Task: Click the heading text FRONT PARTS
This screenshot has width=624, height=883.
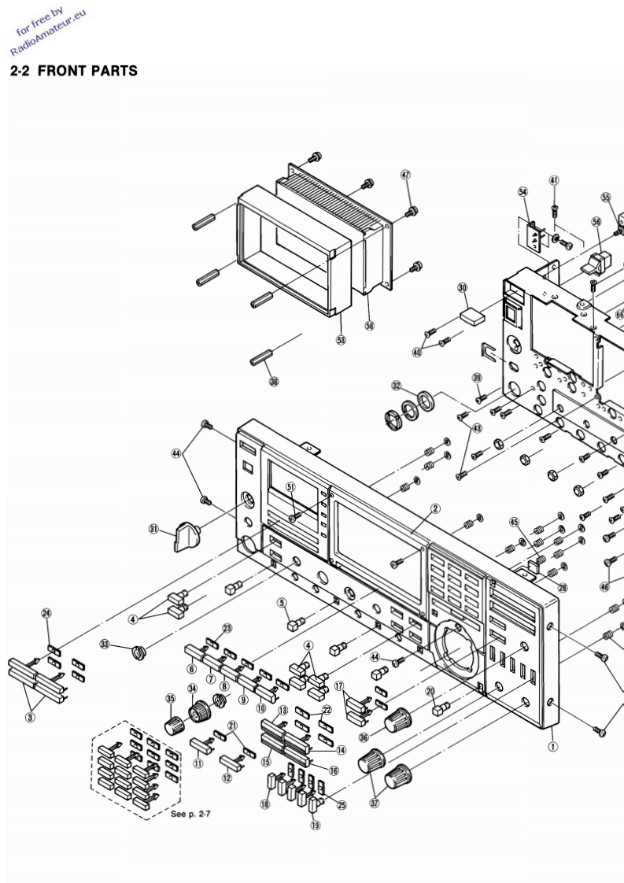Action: tap(87, 72)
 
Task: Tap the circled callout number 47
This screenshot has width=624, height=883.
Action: tap(406, 175)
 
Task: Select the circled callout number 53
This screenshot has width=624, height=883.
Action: tap(341, 340)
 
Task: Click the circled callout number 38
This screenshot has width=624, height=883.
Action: tap(274, 382)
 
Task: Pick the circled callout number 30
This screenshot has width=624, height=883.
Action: tap(463, 288)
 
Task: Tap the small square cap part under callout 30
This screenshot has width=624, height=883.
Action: tap(472, 316)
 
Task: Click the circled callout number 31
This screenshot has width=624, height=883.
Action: tap(154, 529)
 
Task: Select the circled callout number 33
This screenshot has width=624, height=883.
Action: tap(105, 644)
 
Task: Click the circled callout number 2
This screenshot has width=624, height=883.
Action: tap(434, 509)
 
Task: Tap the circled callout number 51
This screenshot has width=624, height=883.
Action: tap(290, 487)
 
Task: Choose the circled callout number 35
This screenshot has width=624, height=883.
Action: tap(170, 698)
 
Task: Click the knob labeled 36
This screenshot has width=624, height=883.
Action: tap(398, 718)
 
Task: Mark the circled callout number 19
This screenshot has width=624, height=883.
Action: tap(316, 826)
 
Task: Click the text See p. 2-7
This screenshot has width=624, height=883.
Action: tap(190, 814)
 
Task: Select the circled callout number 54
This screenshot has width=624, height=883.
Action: tap(523, 192)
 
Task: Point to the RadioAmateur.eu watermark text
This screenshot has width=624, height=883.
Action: tap(50, 35)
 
